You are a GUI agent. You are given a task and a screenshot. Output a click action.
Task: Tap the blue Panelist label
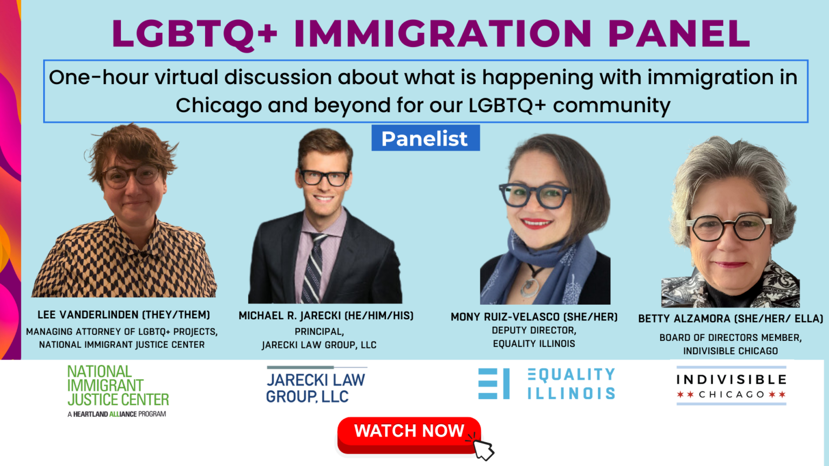click(425, 139)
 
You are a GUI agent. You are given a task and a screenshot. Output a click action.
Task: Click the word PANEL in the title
click(678, 33)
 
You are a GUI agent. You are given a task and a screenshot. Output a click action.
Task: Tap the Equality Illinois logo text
click(571, 383)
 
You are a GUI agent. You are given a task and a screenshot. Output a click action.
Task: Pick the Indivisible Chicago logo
click(731, 386)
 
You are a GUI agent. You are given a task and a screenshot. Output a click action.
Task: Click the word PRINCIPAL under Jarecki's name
click(319, 332)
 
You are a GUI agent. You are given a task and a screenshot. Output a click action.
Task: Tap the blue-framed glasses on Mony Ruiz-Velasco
click(534, 195)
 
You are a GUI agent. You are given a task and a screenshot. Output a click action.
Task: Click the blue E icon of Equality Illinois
click(493, 383)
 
